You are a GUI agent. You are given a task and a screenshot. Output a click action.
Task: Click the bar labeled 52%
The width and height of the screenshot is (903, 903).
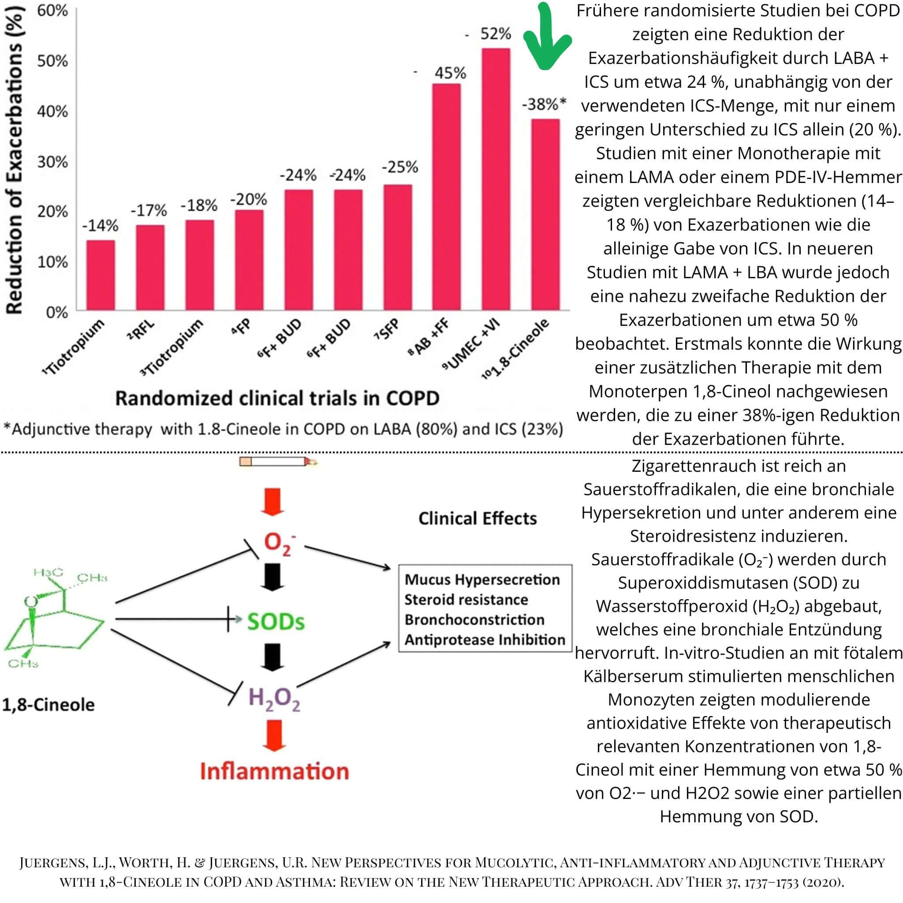[x=496, y=179]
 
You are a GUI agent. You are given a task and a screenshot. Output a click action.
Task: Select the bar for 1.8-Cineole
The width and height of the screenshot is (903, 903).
[x=545, y=215]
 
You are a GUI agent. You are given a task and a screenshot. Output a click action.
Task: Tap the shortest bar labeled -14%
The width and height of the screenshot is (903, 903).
[x=101, y=275]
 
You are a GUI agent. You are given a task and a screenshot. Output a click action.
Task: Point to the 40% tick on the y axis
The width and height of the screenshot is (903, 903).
[x=52, y=112]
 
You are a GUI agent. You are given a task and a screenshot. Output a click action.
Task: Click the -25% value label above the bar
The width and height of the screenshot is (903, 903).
[x=399, y=167]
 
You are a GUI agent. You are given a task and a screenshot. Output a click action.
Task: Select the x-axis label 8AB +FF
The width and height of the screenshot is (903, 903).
[x=429, y=336]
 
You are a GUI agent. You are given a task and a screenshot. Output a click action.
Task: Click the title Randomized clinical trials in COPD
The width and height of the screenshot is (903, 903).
[x=277, y=398]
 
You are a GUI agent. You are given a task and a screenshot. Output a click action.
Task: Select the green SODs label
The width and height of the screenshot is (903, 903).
[x=276, y=622]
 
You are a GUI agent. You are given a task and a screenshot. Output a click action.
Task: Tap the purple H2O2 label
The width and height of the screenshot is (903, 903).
[x=274, y=698]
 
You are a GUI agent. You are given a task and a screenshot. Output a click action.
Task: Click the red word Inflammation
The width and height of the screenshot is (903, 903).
[x=274, y=771]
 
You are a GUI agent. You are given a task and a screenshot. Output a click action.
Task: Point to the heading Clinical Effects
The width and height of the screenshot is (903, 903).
[x=477, y=519]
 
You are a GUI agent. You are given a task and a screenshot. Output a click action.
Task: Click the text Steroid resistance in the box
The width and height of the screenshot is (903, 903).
[x=466, y=600]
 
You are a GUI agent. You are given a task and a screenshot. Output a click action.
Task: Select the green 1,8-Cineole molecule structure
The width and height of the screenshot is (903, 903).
[x=54, y=617]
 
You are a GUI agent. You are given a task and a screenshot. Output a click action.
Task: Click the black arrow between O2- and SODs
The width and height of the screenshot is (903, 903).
[x=272, y=577]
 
